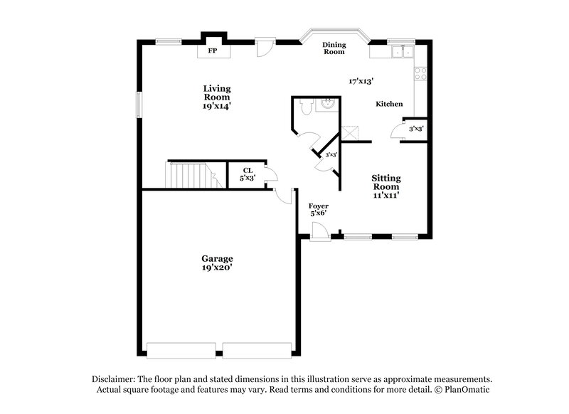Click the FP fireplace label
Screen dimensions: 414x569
pyautogui.click(x=212, y=52)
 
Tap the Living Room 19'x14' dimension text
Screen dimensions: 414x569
pyautogui.click(x=217, y=106)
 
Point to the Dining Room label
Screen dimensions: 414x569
pyautogui.click(x=334, y=48)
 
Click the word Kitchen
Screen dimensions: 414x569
pyautogui.click(x=390, y=105)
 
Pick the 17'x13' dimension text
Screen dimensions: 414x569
pyautogui.click(x=361, y=81)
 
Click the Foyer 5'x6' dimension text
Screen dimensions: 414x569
pyautogui.click(x=318, y=213)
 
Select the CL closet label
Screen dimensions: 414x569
pyautogui.click(x=248, y=170)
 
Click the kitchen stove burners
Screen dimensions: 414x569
pyautogui.click(x=420, y=71)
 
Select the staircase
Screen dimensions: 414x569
pyautogui.click(x=189, y=175)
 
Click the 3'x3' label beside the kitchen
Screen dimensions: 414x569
pyautogui.click(x=417, y=129)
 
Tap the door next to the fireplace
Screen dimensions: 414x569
pyautogui.click(x=265, y=48)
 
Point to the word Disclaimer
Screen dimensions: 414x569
pyautogui.click(x=115, y=379)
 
